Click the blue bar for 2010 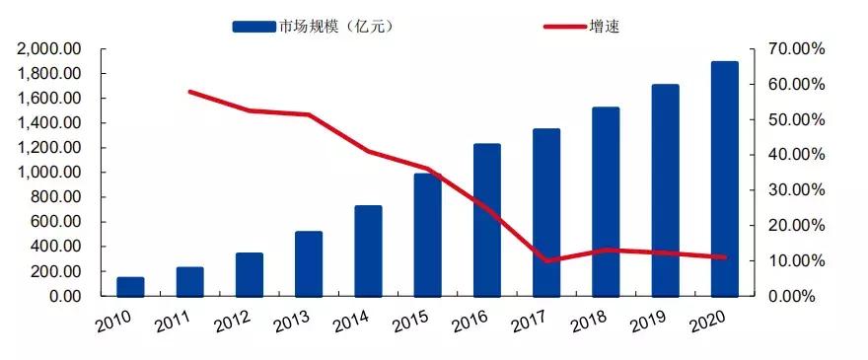[x=130, y=286]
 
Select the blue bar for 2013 [x=309, y=263]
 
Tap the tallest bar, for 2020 [x=724, y=179]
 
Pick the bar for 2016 [x=487, y=219]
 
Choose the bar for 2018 [x=606, y=201]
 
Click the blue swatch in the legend [x=253, y=27]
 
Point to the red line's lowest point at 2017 [x=546, y=261]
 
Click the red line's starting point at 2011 [x=189, y=92]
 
